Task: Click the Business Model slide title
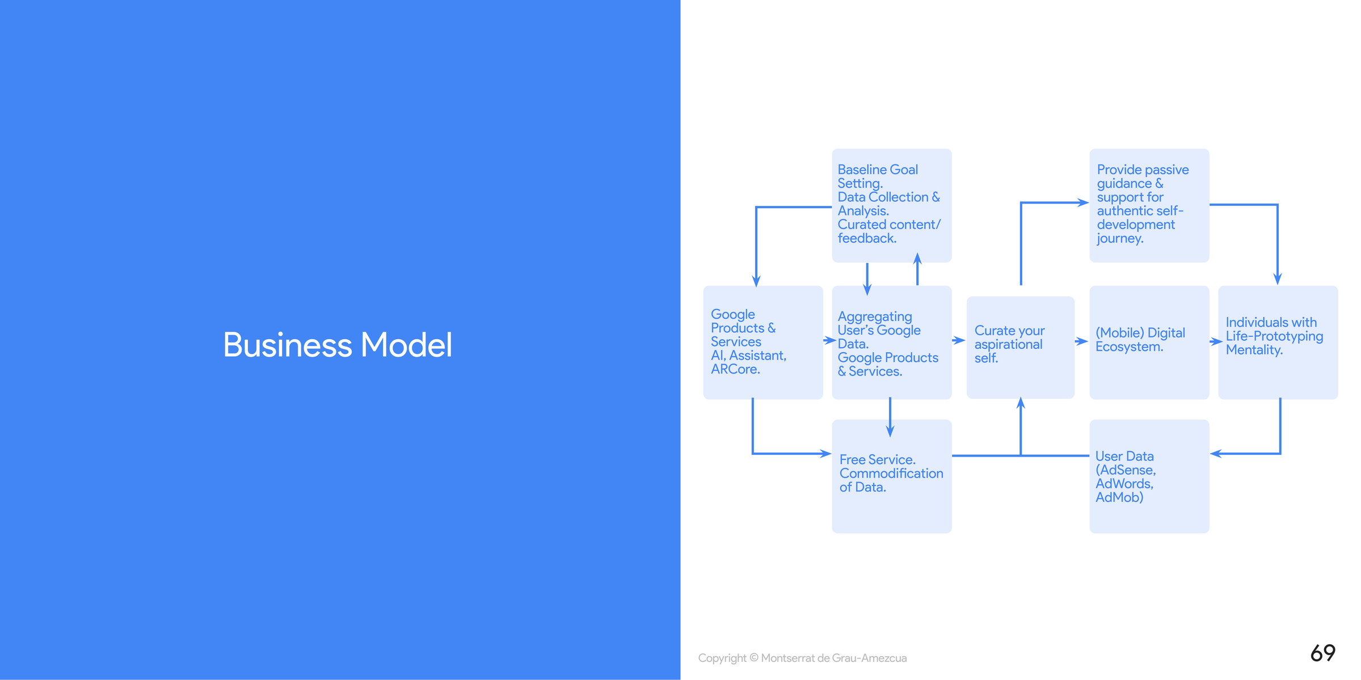point(338,345)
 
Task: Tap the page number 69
point(1322,653)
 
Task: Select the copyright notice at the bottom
point(802,658)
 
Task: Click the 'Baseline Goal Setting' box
point(891,205)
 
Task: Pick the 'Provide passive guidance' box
point(1149,205)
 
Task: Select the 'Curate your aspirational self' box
point(1020,347)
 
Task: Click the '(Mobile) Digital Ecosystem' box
point(1149,342)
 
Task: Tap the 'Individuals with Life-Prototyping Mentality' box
point(1278,342)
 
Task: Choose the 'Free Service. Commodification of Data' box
point(891,476)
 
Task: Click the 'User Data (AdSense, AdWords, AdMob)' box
point(1149,476)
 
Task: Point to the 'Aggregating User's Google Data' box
point(891,342)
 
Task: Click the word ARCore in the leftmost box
point(735,369)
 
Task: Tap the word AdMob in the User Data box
point(1119,497)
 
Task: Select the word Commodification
point(891,474)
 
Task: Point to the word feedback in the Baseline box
point(867,239)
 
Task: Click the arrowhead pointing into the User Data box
point(1216,453)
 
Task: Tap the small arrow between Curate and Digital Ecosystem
point(1081,341)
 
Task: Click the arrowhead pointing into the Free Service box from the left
point(825,453)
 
